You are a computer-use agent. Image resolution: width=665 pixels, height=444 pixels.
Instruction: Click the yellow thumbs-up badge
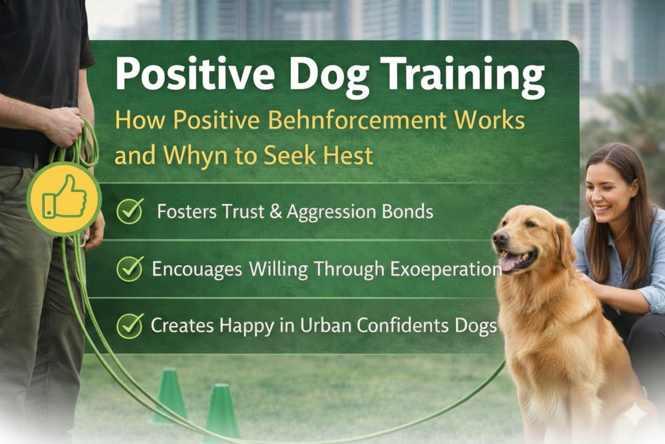tap(64, 199)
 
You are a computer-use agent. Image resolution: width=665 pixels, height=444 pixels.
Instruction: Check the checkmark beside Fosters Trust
tap(129, 211)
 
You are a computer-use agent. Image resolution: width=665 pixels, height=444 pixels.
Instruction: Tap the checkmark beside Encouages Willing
tap(129, 268)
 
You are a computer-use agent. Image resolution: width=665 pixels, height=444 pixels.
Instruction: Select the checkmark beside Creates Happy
tap(129, 325)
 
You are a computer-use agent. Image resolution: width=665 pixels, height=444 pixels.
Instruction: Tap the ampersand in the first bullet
tap(275, 212)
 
